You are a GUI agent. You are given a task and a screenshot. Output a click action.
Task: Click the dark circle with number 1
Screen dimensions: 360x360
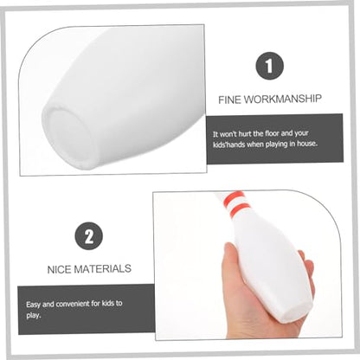(269, 66)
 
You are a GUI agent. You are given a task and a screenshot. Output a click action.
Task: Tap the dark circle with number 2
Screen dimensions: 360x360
(89, 236)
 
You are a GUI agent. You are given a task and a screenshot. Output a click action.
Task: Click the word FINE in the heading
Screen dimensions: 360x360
(229, 100)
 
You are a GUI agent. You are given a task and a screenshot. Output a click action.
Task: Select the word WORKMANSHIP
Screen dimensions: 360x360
(282, 99)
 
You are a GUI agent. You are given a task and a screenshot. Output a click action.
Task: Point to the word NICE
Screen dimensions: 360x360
(59, 270)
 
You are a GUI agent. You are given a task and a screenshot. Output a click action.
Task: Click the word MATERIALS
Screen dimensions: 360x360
(103, 269)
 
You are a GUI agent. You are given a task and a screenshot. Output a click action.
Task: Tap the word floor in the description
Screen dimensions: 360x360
(272, 134)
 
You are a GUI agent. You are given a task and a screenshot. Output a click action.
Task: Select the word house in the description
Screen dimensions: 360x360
(307, 144)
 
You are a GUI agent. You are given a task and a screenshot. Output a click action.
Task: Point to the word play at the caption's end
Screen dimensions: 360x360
(33, 315)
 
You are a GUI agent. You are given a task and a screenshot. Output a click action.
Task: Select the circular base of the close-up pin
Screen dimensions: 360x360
(67, 136)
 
